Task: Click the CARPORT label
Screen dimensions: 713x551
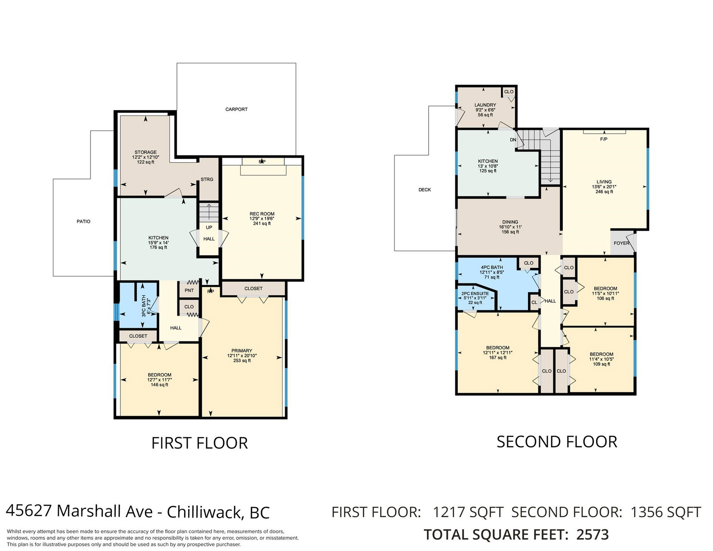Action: [x=236, y=109]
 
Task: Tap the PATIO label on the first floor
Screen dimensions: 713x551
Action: [x=83, y=221]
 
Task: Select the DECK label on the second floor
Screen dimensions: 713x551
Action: [x=425, y=190]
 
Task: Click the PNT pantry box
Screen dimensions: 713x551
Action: [x=189, y=290]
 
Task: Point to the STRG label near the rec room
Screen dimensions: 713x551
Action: [x=207, y=180]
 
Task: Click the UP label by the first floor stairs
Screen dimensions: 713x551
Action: [x=209, y=227]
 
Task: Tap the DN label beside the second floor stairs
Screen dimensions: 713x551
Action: [x=513, y=140]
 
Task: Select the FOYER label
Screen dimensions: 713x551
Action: [x=622, y=243]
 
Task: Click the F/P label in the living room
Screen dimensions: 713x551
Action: [x=604, y=139]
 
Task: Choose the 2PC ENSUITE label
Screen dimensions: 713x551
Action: [x=475, y=294]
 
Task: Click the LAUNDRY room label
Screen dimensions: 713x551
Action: [x=485, y=105]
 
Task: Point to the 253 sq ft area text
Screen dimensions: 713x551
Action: [x=242, y=360]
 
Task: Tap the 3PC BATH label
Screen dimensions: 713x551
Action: [x=143, y=306]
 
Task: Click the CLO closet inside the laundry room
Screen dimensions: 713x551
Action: [x=509, y=92]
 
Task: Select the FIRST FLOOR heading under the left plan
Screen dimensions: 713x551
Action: [x=200, y=443]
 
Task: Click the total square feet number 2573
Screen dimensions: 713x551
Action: [x=593, y=535]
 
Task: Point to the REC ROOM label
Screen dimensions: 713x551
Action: [x=262, y=214]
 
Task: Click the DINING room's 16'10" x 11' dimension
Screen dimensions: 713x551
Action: [x=510, y=227]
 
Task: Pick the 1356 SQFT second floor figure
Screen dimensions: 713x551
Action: [x=666, y=512]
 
